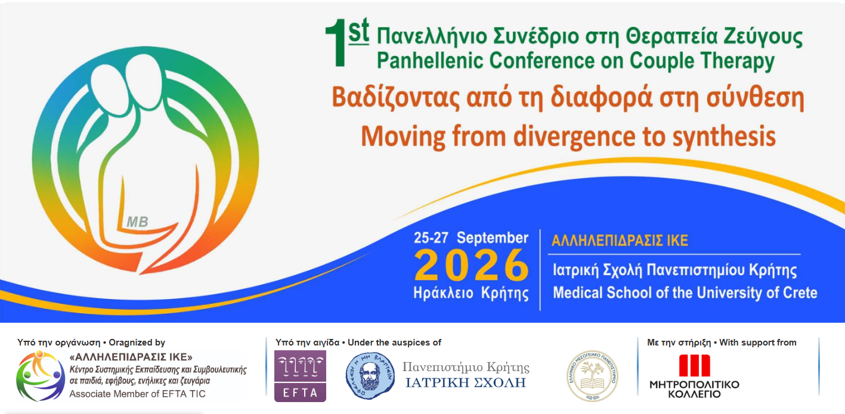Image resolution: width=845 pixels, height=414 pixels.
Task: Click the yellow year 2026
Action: [x=471, y=266]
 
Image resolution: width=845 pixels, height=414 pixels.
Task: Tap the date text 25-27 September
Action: [x=471, y=238]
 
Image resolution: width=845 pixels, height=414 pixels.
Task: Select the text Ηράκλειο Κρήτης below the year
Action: [x=471, y=293]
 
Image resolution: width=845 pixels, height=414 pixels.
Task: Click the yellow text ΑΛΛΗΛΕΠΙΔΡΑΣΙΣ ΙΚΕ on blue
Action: [x=620, y=241]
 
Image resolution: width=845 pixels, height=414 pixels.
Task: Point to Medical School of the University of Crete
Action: [x=685, y=293]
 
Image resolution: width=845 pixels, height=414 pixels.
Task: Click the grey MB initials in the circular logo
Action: [x=137, y=222]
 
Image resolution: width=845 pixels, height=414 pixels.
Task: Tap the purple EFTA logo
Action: [x=300, y=376]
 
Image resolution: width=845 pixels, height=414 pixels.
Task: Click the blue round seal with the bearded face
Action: [x=370, y=375]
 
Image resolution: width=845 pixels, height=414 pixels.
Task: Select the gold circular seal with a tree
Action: [x=592, y=375]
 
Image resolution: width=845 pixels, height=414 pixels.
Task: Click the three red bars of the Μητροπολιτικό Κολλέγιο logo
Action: [x=694, y=365]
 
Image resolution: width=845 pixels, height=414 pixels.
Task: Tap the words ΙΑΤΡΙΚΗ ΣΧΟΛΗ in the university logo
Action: [x=466, y=382]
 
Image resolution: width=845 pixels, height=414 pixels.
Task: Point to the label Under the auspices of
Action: [x=394, y=343]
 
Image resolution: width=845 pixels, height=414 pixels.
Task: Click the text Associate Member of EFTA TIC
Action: [x=138, y=394]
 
